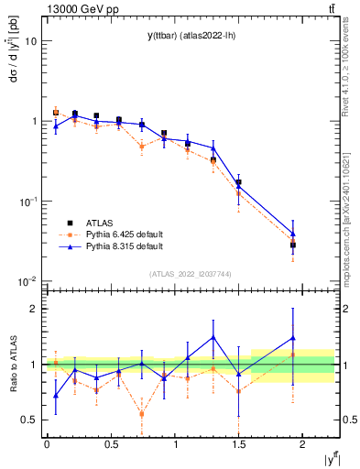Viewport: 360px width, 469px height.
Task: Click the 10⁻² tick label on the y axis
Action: pos(29,281)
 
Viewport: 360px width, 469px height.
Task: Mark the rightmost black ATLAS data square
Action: pos(293,245)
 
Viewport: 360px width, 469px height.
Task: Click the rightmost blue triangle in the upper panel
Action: pos(293,234)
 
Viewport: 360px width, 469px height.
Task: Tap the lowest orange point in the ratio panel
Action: pos(142,413)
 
